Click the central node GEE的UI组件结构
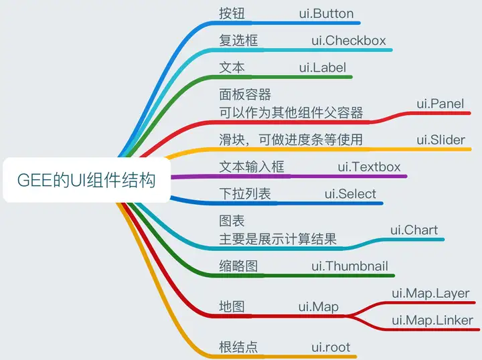pyautogui.click(x=86, y=180)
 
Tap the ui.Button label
pyautogui.click(x=326, y=13)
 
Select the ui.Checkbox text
pyautogui.click(x=349, y=41)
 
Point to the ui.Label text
pyautogui.click(x=323, y=68)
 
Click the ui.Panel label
pyautogui.click(x=440, y=104)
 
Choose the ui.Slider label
pyautogui.click(x=440, y=140)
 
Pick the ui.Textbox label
pyautogui.click(x=369, y=167)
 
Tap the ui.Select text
pyautogui.click(x=350, y=194)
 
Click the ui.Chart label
pyautogui.click(x=414, y=230)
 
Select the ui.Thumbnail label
pyautogui.click(x=350, y=266)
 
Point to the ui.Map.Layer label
pyautogui.click(x=430, y=294)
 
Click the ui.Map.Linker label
pyautogui.click(x=432, y=321)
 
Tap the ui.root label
pyautogui.click(x=331, y=347)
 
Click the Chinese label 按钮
pyautogui.click(x=232, y=13)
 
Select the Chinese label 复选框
pyautogui.click(x=238, y=41)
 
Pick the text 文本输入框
pyautogui.click(x=252, y=167)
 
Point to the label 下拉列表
pyautogui.click(x=245, y=194)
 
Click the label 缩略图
pyautogui.click(x=238, y=266)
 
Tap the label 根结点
pyautogui.click(x=238, y=347)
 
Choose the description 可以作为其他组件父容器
pyautogui.click(x=291, y=112)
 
